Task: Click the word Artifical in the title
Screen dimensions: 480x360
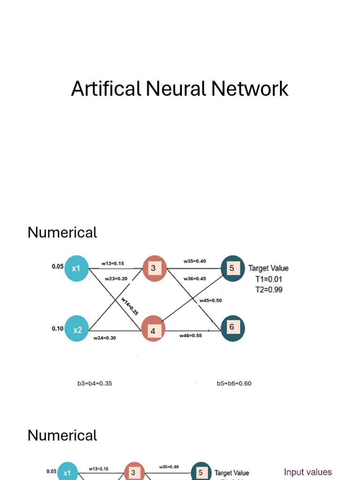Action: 106,89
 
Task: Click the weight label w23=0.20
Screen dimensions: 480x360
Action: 116,278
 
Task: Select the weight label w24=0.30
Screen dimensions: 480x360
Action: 105,337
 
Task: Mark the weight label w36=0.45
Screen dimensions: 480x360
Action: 195,278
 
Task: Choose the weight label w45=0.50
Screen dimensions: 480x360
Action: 210,300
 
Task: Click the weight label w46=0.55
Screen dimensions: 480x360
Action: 190,336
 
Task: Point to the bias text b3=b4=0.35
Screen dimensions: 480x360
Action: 95,383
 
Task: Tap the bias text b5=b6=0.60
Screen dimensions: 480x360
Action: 234,383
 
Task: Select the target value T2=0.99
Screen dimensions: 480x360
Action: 269,290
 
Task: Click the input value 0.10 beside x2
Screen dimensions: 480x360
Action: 58,329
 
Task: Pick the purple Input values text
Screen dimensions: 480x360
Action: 307,472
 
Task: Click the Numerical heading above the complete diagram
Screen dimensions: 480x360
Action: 62,232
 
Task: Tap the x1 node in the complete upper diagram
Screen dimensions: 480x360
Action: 76,269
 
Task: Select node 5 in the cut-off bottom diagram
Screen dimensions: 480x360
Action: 201,472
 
